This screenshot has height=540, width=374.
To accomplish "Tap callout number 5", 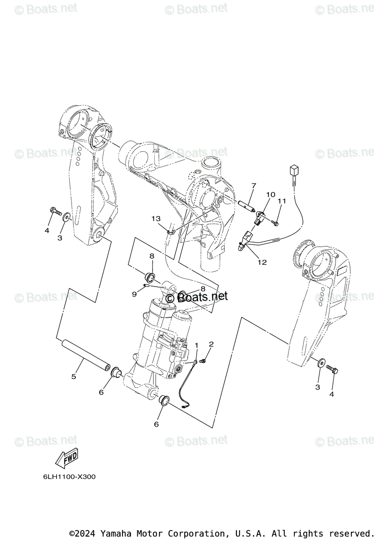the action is pos(74,376).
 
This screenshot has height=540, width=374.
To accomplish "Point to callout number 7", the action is pos(266,185).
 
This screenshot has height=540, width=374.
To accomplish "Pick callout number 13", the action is pos(155,219).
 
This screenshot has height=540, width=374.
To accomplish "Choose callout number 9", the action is pos(134,294).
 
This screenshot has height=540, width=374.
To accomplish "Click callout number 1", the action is pos(196,345).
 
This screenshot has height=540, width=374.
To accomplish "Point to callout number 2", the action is pos(211,344).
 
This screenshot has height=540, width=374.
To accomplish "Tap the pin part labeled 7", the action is pos(248,204).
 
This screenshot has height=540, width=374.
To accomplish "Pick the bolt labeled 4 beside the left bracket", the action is pos(56,211).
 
